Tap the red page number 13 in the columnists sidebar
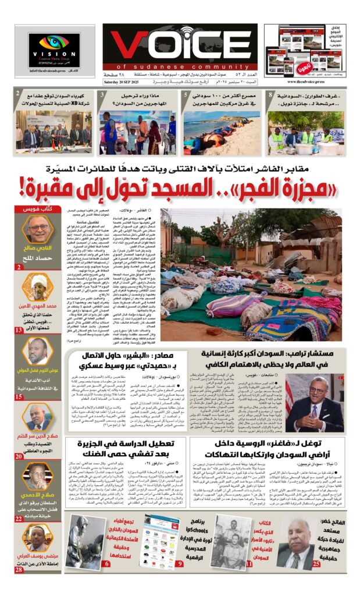point(19,330)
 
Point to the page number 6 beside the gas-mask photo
point(106,563)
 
